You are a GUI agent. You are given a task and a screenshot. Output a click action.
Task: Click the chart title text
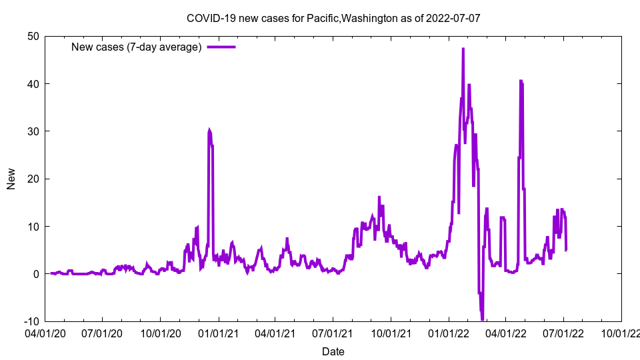point(333,18)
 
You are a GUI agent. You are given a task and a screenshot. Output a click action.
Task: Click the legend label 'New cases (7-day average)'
point(136,47)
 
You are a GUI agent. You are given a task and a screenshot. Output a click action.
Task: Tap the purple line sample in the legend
point(221,47)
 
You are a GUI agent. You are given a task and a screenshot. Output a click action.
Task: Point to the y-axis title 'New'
point(11,179)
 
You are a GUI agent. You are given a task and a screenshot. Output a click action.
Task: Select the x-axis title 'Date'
point(333,351)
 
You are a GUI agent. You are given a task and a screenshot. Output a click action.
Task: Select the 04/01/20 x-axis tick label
point(45,331)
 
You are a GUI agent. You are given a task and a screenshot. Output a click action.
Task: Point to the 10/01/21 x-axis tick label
point(391,331)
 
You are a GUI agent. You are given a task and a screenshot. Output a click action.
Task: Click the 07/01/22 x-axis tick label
point(563,331)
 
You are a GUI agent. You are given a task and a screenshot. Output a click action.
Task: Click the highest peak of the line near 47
point(463,49)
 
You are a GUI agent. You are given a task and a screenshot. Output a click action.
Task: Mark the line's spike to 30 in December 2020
point(209,131)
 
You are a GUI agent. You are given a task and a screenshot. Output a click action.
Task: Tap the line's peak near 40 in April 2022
point(521,81)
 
